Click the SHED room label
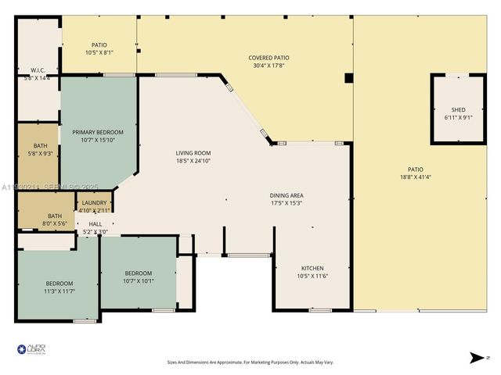tap(458, 109)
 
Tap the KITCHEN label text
tap(312, 268)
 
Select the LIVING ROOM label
tap(193, 153)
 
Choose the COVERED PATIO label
tap(269, 58)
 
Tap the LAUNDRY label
tap(94, 203)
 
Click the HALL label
tap(96, 223)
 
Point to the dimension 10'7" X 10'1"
tap(139, 281)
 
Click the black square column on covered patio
tap(349, 78)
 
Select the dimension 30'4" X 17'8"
tap(269, 66)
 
